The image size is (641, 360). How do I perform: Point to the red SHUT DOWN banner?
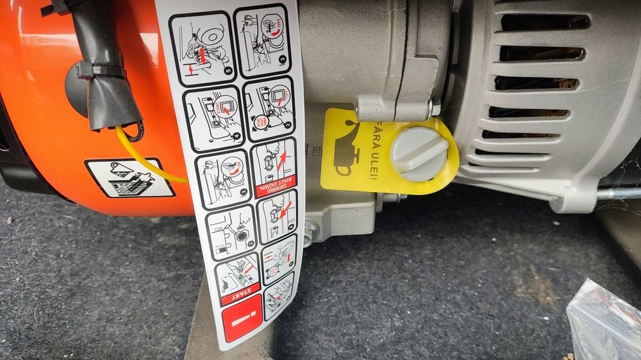click(x=276, y=186)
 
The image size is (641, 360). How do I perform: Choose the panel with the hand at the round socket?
click(x=230, y=231)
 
